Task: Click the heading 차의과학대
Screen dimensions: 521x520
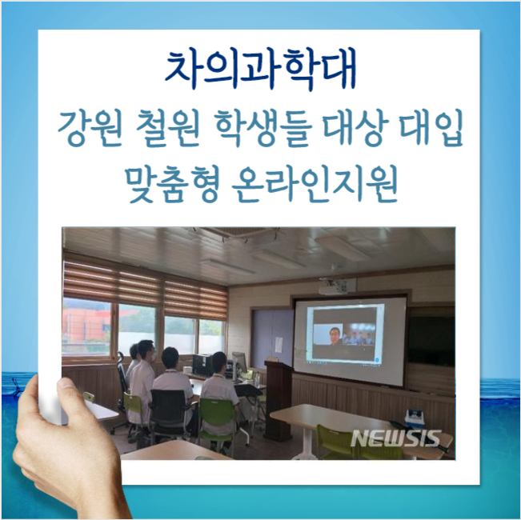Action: [x=261, y=70]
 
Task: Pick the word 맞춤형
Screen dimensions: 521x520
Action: [x=174, y=186]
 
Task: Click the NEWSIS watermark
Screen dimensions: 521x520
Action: [x=396, y=438]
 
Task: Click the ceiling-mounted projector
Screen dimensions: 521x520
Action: [x=333, y=290]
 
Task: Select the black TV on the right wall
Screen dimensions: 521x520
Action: [x=431, y=339]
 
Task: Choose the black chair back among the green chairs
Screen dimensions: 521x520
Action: [x=167, y=406]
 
